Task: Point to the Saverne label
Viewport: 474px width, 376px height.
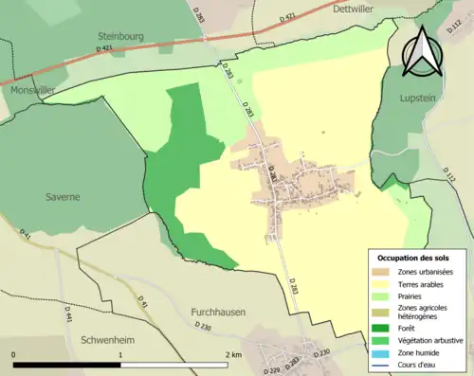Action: coord(62,197)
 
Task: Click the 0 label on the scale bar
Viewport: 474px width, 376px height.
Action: coord(14,354)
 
